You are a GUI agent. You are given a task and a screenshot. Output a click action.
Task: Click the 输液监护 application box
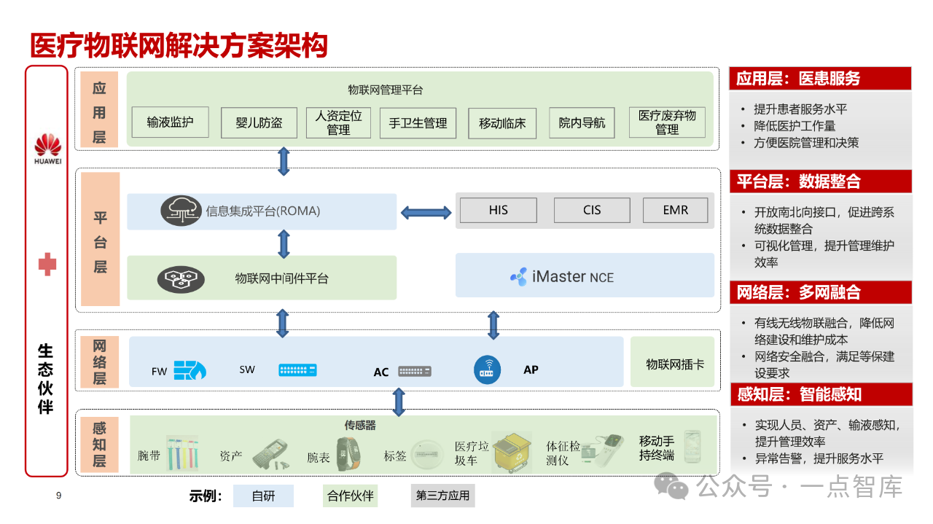[170, 122]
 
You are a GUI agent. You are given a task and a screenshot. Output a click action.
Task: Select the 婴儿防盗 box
[259, 122]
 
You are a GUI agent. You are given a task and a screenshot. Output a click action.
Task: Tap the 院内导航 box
[582, 122]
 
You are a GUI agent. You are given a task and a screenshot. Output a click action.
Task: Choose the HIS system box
[499, 210]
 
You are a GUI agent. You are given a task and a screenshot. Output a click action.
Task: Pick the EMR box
[675, 210]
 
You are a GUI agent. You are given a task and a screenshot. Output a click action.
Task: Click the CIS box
[592, 210]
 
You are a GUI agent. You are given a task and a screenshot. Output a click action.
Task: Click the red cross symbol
[47, 265]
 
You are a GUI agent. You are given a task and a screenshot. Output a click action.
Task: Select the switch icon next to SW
[297, 369]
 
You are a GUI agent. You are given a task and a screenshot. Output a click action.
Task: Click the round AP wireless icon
[488, 369]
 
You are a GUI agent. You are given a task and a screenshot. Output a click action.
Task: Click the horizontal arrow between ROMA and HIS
[426, 212]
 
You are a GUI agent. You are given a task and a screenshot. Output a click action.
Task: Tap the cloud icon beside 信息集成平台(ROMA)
[181, 211]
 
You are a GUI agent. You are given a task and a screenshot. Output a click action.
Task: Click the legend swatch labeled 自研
[263, 496]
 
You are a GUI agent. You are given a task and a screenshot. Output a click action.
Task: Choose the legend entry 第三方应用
[443, 496]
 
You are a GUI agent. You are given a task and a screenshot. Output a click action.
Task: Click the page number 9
[59, 496]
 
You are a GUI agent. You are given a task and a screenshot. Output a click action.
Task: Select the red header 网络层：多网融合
[820, 292]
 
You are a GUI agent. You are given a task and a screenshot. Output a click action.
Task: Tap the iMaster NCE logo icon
[519, 277]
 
